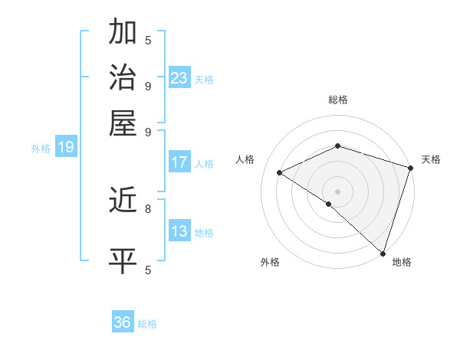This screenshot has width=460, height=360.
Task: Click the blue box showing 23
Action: pyautogui.click(x=179, y=77)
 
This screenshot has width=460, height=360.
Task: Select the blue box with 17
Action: pyautogui.click(x=179, y=162)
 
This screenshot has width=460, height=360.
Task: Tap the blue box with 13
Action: pyautogui.click(x=179, y=231)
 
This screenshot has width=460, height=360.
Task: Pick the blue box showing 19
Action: pyautogui.click(x=65, y=147)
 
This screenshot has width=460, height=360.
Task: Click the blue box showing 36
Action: pyautogui.click(x=123, y=322)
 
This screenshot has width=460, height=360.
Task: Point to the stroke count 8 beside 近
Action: pyautogui.click(x=148, y=208)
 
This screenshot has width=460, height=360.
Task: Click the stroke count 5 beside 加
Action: pyautogui.click(x=148, y=39)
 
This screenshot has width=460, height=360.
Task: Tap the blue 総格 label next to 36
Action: pyautogui.click(x=147, y=324)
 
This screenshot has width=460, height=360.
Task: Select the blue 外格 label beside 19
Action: pyautogui.click(x=41, y=149)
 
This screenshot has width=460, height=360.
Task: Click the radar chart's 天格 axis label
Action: pyautogui.click(x=431, y=159)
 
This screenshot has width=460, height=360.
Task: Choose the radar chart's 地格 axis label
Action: pyautogui.click(x=402, y=263)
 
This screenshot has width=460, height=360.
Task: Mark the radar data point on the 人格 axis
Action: pyautogui.click(x=280, y=172)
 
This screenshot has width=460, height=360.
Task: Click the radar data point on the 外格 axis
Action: pyautogui.click(x=329, y=204)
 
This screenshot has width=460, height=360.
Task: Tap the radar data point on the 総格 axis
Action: pyautogui.click(x=338, y=146)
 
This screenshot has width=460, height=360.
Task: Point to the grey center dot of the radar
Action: pyautogui.click(x=338, y=191)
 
